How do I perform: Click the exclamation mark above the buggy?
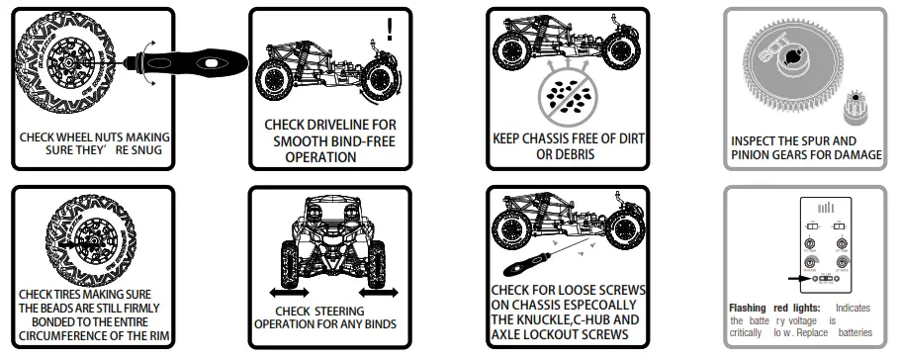[x=390, y=29]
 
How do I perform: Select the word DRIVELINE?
[x=333, y=126]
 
